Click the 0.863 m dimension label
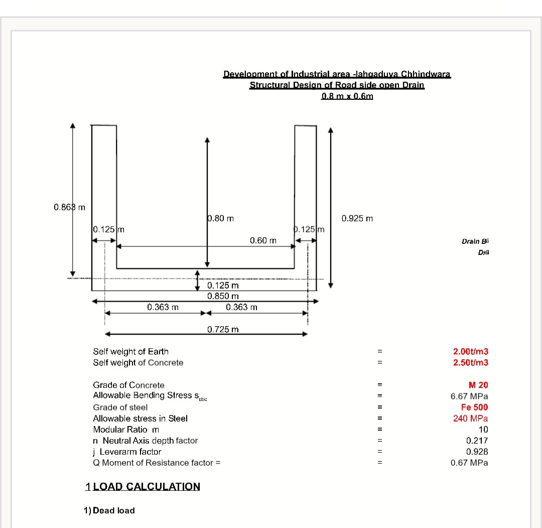69,207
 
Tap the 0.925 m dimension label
357,219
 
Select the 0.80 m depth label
220,218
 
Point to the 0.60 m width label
263,241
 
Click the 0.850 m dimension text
223,296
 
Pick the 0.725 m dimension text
223,329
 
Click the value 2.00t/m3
470,352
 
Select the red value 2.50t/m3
470,362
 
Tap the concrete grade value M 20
478,385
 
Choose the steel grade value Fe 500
474,407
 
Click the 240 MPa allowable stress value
470,418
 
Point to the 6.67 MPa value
469,396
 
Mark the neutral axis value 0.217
477,441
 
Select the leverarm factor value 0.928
477,452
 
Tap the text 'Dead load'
114,510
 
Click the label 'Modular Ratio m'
126,430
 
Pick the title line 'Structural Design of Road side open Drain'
337,85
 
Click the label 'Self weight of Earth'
130,351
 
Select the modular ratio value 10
483,430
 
